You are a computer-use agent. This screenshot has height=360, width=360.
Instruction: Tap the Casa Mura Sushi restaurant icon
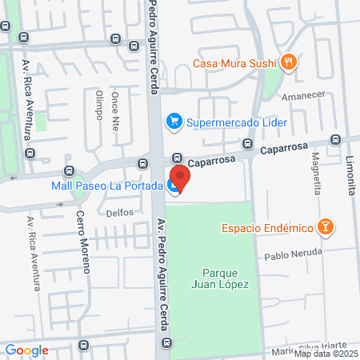click(289, 61)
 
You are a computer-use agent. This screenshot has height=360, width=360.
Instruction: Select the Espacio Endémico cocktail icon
click(325, 228)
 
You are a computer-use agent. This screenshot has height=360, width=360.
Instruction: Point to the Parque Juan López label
click(221, 278)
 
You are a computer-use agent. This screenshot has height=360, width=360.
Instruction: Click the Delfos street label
click(119, 213)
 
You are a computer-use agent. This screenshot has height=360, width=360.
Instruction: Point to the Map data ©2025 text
click(329, 354)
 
